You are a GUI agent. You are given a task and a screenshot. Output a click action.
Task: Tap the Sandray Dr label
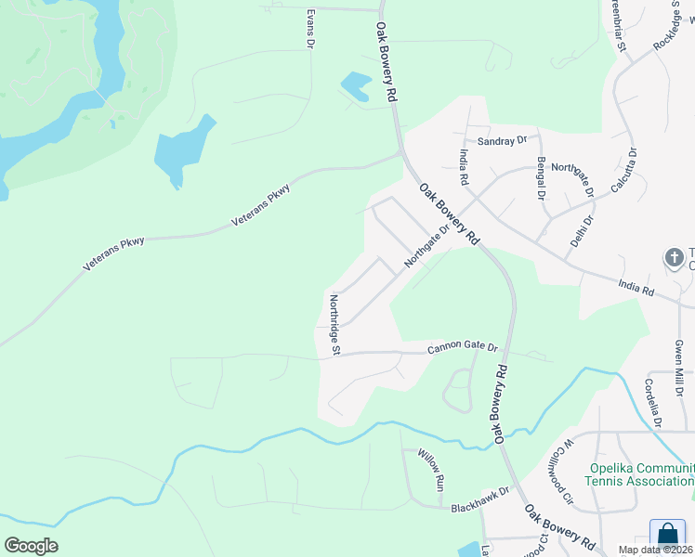[502, 141]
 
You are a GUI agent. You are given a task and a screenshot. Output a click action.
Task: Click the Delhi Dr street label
[584, 236]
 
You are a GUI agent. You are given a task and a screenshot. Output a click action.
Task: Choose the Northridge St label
[334, 325]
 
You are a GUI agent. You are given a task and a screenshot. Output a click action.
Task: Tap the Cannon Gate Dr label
[463, 348]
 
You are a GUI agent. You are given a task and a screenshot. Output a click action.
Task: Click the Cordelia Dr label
[652, 403]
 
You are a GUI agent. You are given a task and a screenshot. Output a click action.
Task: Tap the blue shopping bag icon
[667, 536]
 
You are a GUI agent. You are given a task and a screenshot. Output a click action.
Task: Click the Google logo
[31, 546]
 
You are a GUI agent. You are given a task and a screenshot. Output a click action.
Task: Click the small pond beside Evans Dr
[356, 87]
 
